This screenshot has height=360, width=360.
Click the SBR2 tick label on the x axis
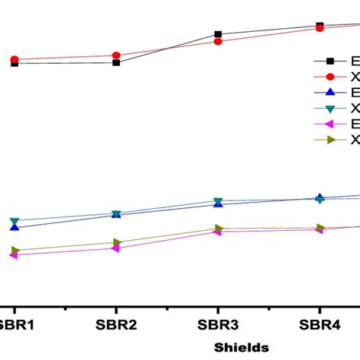pyautogui.click(x=116, y=324)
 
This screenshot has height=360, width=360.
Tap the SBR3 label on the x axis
pyautogui.click(x=218, y=324)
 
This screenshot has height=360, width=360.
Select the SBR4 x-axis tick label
pyautogui.click(x=319, y=324)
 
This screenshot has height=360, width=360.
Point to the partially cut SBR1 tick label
pyautogui.click(x=17, y=324)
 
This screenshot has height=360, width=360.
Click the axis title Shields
pyautogui.click(x=241, y=347)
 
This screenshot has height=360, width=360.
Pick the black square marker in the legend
pyautogui.click(x=330, y=62)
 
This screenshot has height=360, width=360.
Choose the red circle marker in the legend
pyautogui.click(x=330, y=77)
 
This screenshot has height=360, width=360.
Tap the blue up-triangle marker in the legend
pyautogui.click(x=330, y=93)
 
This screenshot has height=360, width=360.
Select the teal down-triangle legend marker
pyautogui.click(x=330, y=109)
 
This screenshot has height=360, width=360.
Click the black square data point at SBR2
pyautogui.click(x=116, y=62)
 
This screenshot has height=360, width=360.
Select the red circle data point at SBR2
pyautogui.click(x=116, y=55)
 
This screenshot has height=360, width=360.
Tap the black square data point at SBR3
pyautogui.click(x=218, y=34)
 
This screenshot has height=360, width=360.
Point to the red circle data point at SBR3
pyautogui.click(x=218, y=41)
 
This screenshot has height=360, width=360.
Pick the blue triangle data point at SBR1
pyautogui.click(x=14, y=227)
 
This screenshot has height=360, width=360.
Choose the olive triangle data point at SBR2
pyautogui.click(x=116, y=242)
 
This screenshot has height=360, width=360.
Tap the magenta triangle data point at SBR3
pyautogui.click(x=218, y=232)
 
